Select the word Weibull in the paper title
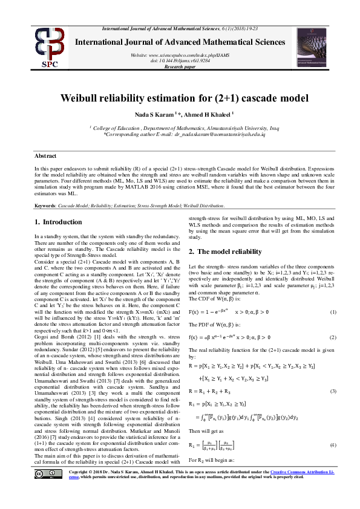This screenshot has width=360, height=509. tap(83, 98)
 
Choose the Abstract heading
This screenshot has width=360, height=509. tap(46, 155)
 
